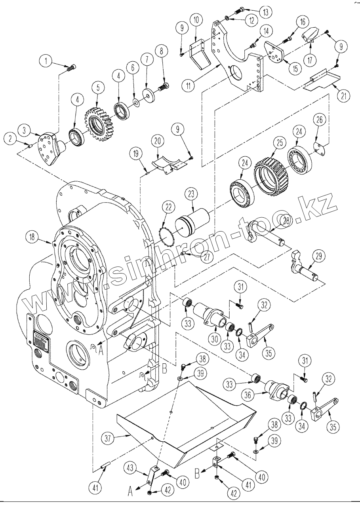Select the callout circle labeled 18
(32, 237)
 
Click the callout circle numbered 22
(169, 207)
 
